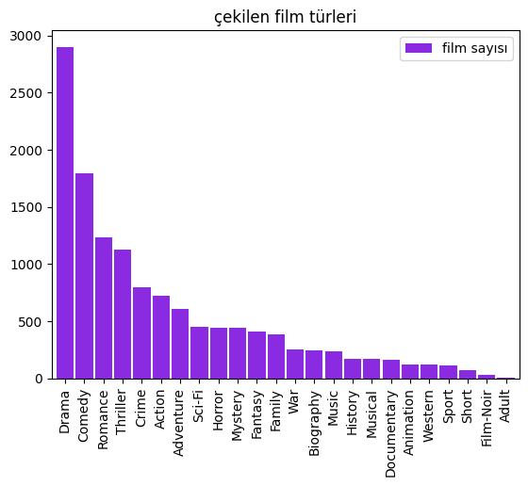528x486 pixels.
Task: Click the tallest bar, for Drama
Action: pos(65,213)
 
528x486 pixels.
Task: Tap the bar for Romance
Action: pos(104,308)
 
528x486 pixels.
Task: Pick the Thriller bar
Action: pos(123,314)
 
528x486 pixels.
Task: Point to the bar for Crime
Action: pos(141,332)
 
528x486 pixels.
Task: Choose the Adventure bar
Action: pos(180,344)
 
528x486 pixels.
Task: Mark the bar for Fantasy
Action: pos(256,355)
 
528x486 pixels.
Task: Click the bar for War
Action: pos(295,364)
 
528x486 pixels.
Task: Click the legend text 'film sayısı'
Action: pos(476,48)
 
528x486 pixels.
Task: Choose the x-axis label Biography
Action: pos(315,417)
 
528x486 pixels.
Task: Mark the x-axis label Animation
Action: pos(410,418)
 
